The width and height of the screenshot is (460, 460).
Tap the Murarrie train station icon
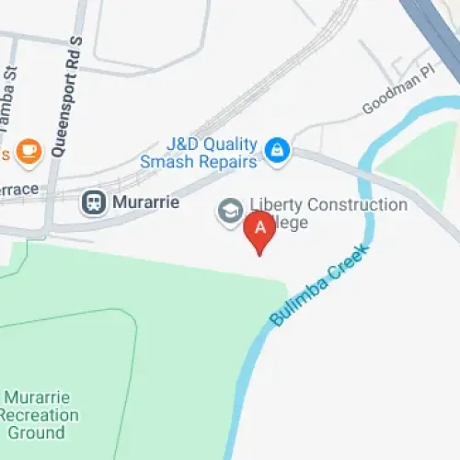pyautogui.click(x=94, y=202)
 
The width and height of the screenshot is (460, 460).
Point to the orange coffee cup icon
pyautogui.click(x=29, y=149)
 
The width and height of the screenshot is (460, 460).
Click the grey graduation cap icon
pyautogui.click(x=228, y=212)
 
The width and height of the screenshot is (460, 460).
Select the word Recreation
pyautogui.click(x=42, y=415)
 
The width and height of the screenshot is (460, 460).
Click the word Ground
pyautogui.click(x=37, y=431)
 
